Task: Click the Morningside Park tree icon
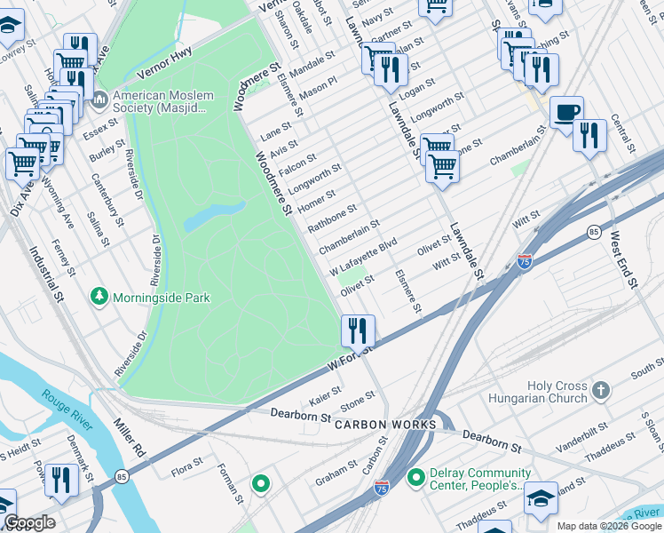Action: (x=99, y=296)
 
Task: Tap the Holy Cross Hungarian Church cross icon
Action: (x=601, y=390)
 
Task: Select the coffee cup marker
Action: (x=566, y=113)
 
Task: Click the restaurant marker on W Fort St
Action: (x=358, y=330)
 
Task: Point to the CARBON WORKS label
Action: (x=385, y=425)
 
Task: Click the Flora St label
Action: (x=187, y=463)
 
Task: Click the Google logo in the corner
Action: (x=28, y=522)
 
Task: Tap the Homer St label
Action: (x=319, y=201)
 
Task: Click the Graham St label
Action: (x=336, y=472)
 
